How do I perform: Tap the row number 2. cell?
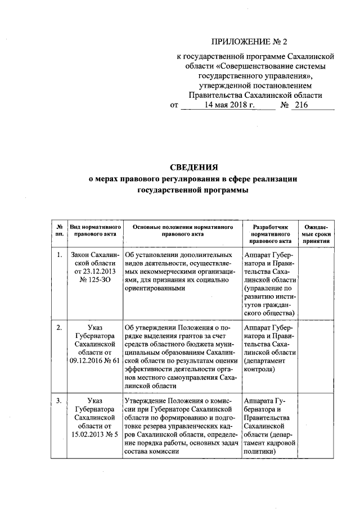pyautogui.click(x=59, y=327)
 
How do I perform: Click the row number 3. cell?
pyautogui.click(x=59, y=400)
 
